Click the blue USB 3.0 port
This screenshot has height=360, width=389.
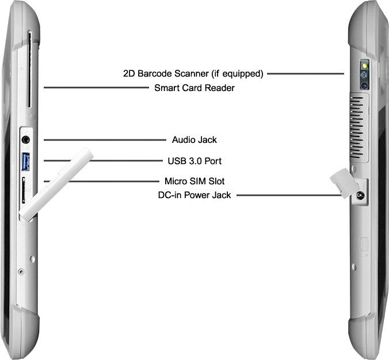(x=26, y=161)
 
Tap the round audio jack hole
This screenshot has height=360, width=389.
(x=26, y=139)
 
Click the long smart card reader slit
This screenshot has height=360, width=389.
(x=29, y=69)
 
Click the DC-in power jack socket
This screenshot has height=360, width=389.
(x=360, y=195)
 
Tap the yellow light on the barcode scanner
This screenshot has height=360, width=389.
(x=364, y=66)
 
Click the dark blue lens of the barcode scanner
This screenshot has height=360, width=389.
(x=364, y=85)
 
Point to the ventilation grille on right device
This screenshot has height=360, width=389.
(x=358, y=127)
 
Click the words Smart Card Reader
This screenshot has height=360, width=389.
(x=194, y=88)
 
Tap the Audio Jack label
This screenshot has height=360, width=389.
(x=194, y=139)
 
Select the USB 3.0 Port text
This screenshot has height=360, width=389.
(x=193, y=161)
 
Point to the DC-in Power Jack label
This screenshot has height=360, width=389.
(x=194, y=195)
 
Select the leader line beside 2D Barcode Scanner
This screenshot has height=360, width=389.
(x=305, y=74)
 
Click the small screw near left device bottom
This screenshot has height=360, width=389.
(x=21, y=271)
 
